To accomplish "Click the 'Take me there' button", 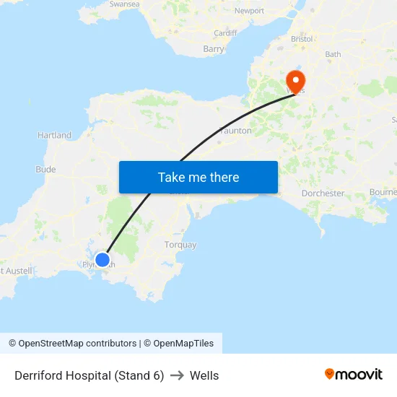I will click(198, 178).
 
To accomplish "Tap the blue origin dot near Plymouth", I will click(102, 260).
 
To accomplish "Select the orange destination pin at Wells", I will click(295, 79).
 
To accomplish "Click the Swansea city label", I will click(123, 4).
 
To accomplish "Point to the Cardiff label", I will click(225, 33).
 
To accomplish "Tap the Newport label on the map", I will click(250, 11).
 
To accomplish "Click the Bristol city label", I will click(302, 38).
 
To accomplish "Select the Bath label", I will click(333, 54).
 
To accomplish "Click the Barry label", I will click(214, 49).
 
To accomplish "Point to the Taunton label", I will click(235, 131).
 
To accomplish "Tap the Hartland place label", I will click(54, 135).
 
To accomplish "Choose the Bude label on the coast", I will click(45, 170).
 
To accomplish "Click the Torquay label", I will click(180, 245).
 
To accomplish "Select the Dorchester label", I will click(323, 193).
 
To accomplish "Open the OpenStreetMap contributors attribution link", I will click(73, 344).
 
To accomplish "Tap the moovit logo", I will click(354, 374).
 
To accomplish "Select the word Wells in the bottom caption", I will click(204, 375).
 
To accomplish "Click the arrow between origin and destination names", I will click(177, 375).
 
